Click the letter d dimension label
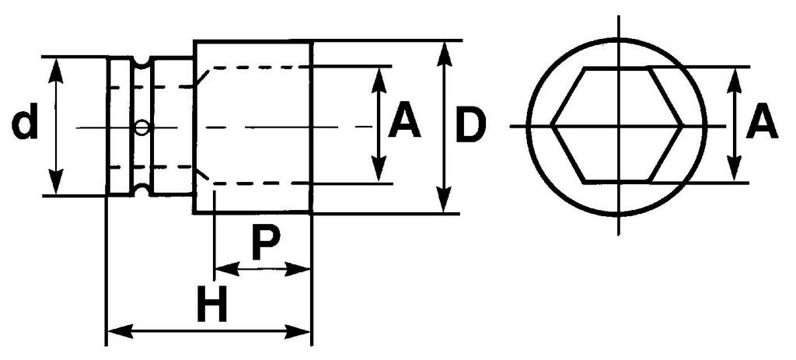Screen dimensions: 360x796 click(26, 125)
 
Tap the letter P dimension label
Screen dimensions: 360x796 click(264, 243)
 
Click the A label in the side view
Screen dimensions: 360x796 click(404, 124)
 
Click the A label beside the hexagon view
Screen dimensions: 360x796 click(761, 124)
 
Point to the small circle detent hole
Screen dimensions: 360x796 click(141, 127)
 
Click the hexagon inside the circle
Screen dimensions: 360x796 click(617, 124)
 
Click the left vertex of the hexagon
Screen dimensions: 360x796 click(553, 124)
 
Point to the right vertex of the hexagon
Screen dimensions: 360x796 click(682, 124)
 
